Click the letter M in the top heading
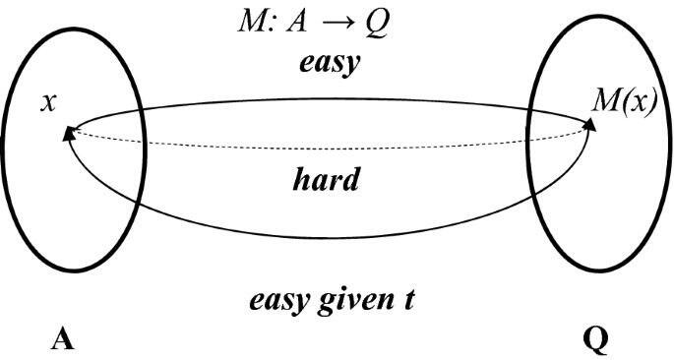tap(250, 24)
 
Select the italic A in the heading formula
tap(296, 24)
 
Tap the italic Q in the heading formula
tap(376, 25)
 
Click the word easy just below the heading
tap(330, 64)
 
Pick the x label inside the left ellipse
tap(48, 104)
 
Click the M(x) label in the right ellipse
tap(624, 102)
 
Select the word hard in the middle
tap(326, 179)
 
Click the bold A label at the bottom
tap(63, 339)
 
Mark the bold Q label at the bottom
tap(595, 340)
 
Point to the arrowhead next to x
tap(68, 134)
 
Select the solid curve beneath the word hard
tap(326, 238)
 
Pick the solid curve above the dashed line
tap(331, 99)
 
